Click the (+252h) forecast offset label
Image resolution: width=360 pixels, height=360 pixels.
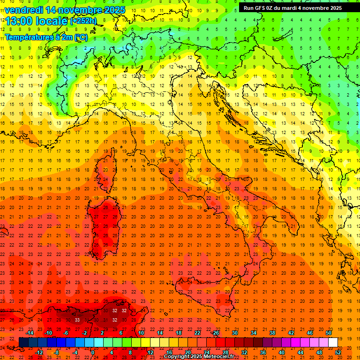(83, 21)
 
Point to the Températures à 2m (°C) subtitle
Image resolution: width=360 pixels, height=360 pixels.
(46, 37)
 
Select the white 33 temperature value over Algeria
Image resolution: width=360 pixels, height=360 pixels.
(77, 320)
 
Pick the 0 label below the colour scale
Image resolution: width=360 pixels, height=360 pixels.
(93, 352)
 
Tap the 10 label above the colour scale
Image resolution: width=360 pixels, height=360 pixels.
(141, 333)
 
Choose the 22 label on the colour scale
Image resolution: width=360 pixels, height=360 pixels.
(197, 333)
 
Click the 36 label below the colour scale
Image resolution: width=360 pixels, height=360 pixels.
(263, 352)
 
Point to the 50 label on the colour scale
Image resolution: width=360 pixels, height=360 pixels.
(329, 333)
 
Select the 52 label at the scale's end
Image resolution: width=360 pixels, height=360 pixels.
(338, 352)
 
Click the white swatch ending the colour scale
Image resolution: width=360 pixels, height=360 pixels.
(333, 342)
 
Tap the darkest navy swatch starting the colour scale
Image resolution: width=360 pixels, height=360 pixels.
(24, 342)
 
